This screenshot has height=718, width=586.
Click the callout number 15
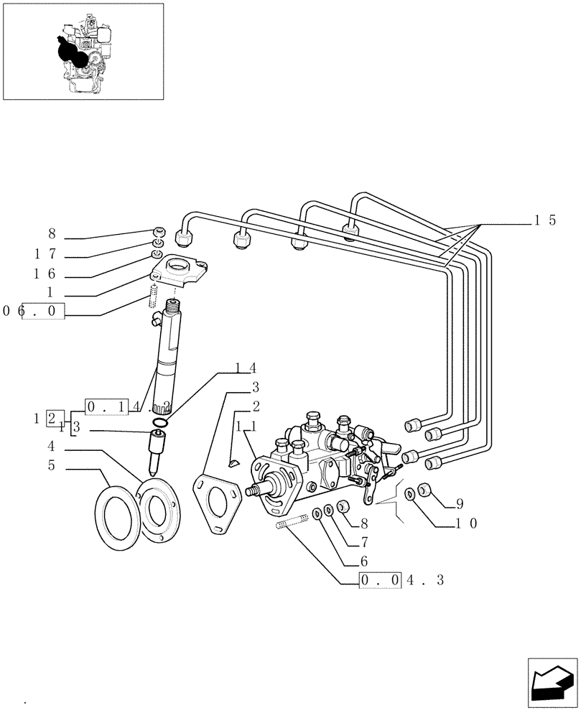click(x=544, y=221)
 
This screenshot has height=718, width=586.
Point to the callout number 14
click(x=246, y=368)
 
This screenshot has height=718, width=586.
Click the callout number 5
click(x=52, y=465)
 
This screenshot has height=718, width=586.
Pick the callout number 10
click(x=465, y=523)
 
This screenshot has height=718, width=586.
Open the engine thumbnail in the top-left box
click(x=83, y=51)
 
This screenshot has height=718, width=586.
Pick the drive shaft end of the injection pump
click(x=254, y=491)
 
